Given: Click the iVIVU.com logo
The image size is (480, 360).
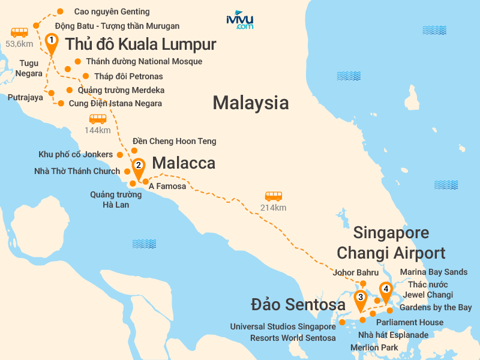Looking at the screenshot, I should click(240, 20).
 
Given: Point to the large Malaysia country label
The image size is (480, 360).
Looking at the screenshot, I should click(251, 103).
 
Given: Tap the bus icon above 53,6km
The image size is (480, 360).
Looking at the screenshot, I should click(20, 32).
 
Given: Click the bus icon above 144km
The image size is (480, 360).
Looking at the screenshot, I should click(97, 119).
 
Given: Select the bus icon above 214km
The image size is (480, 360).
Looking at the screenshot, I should click(274, 196).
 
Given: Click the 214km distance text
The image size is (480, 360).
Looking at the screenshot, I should click(274, 208).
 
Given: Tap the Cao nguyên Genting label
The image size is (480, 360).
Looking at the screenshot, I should click(112, 11).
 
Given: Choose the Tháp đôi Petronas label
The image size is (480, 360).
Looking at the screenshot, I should click(128, 76).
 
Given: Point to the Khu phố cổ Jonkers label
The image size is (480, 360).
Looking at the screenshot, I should click(76, 154).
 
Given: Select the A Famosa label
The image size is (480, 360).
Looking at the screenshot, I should click(167, 187).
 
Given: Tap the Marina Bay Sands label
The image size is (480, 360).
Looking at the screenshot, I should click(434, 272).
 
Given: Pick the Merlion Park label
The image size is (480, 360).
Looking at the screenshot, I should click(374, 347).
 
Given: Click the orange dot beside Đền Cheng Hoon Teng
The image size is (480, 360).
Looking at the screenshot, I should click(134, 151).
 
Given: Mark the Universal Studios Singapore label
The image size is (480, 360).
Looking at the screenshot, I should click(283, 327).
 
